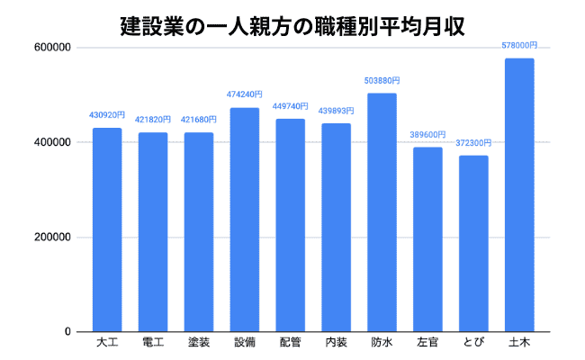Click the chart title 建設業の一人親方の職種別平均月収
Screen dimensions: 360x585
pos(292,24)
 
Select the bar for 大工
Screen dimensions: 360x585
pos(107,229)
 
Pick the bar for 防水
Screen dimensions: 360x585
pos(382,212)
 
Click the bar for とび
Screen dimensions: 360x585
pos(473,244)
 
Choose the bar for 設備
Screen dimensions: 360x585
pos(245,220)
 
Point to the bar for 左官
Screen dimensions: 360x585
pos(427,239)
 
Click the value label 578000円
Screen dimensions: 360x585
pos(519,44)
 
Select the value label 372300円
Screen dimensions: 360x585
pos(473,142)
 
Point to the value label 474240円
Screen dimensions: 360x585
pos(245,94)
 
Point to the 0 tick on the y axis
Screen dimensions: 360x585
pos(68,332)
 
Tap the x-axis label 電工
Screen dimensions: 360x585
pos(153,343)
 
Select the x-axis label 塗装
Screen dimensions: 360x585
pos(199,343)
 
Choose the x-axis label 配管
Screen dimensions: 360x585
pos(291,343)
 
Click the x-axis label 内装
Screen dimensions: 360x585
pos(337,343)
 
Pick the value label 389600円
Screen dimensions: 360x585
pos(427,133)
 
